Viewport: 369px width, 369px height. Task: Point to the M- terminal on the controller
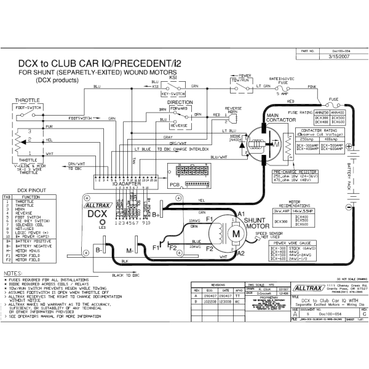pos(132,250)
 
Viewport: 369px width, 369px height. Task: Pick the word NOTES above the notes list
pos(14,272)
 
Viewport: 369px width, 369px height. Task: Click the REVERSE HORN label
pos(234,109)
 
